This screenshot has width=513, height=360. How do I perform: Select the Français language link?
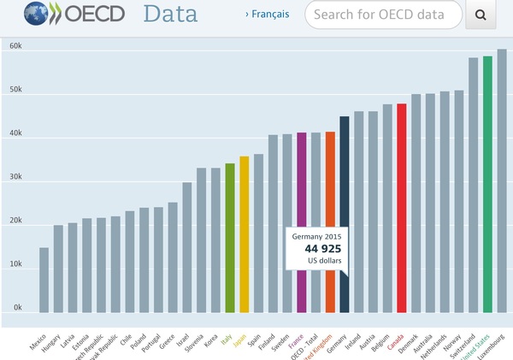(267, 14)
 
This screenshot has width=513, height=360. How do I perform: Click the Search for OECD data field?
(382, 15)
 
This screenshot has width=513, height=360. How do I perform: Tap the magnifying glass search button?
(481, 15)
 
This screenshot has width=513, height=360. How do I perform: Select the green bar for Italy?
(230, 238)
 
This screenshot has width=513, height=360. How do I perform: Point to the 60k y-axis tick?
(15, 46)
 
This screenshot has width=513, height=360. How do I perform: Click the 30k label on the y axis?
(15, 178)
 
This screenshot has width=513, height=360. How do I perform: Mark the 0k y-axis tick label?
(17, 308)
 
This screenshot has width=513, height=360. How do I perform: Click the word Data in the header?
(170, 14)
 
